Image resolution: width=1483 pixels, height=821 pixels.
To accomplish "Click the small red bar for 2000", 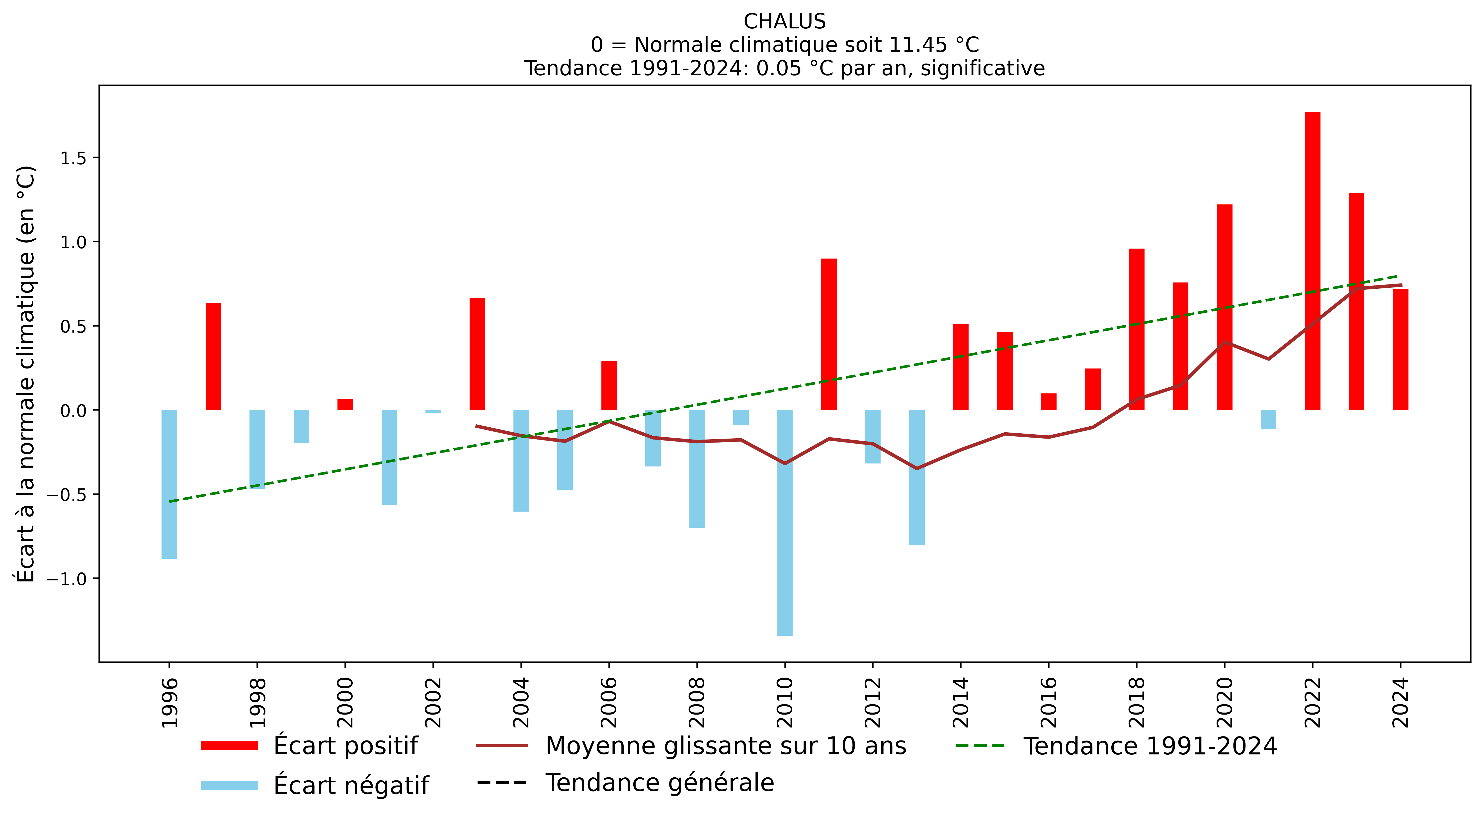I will pyautogui.click(x=345, y=404).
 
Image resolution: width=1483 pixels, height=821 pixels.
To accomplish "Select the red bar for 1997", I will pyautogui.click(x=213, y=356).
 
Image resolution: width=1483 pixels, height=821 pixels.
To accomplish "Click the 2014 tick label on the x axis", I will pyautogui.click(x=960, y=702).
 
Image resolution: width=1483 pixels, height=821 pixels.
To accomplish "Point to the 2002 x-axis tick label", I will pyautogui.click(x=433, y=702).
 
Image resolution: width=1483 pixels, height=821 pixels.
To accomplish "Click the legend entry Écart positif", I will pyautogui.click(x=345, y=745).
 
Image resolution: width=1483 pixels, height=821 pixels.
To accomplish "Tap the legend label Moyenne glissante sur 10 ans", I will pyautogui.click(x=725, y=745).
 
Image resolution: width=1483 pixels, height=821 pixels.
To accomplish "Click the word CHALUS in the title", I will pyautogui.click(x=784, y=22).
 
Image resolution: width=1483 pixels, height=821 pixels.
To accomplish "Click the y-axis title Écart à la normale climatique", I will pyautogui.click(x=26, y=374).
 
